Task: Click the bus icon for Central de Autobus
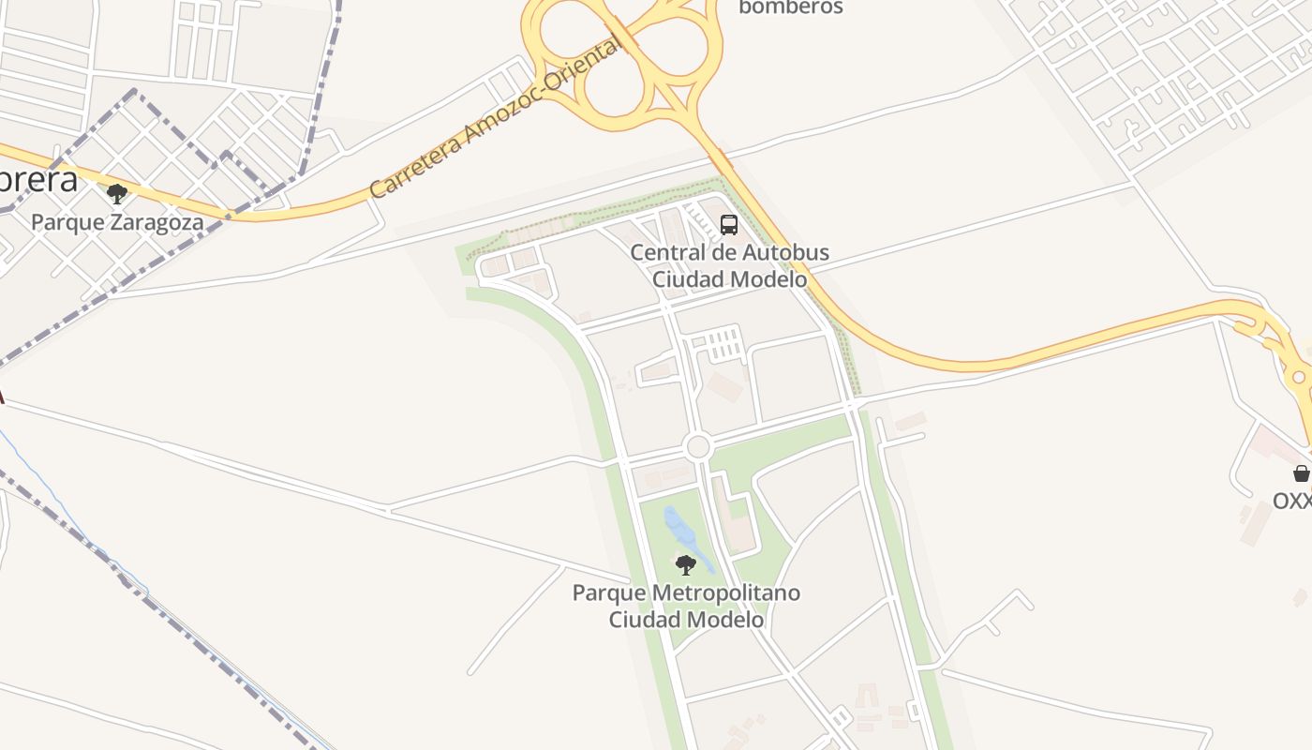[x=728, y=225]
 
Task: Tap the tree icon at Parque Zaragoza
[x=117, y=194]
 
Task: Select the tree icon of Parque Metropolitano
[x=686, y=565]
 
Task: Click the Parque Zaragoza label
[x=103, y=222]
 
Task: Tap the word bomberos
[x=791, y=7]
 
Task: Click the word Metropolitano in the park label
[x=726, y=593]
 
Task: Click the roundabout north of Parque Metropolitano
[x=697, y=447]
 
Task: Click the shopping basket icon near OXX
[x=1301, y=473]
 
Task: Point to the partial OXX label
[x=1291, y=502]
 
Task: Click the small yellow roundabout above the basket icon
[x=1298, y=378]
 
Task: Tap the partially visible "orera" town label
[x=37, y=180]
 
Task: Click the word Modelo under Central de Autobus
[x=770, y=279]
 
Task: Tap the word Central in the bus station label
[x=666, y=253]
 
